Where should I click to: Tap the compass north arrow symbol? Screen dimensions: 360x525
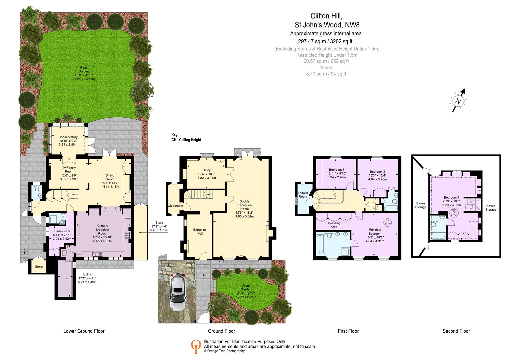(x=459, y=101)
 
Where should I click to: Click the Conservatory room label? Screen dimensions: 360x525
(x=68, y=137)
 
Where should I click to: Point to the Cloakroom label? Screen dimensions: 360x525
(x=175, y=206)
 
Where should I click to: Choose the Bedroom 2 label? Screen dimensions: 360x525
(x=377, y=172)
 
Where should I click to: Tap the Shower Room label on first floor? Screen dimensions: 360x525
(x=303, y=195)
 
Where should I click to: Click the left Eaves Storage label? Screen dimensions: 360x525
(x=421, y=205)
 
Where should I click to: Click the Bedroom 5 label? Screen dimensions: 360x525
(x=62, y=231)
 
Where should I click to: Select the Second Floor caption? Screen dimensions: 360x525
(x=456, y=331)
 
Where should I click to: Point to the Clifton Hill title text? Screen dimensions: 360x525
(x=326, y=16)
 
